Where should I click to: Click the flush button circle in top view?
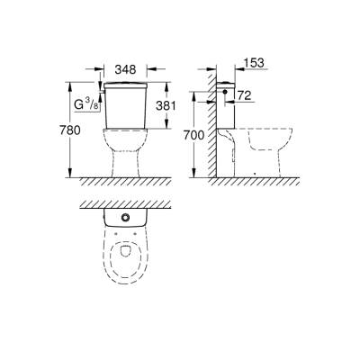(x=125, y=219)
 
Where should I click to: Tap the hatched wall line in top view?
(x=126, y=204)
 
